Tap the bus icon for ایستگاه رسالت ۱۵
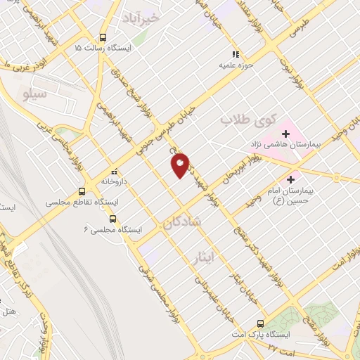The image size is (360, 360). (104, 38)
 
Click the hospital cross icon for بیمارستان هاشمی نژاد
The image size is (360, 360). (286, 133)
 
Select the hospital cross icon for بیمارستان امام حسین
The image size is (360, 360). (290, 179)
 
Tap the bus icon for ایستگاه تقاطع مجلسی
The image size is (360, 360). (82, 191)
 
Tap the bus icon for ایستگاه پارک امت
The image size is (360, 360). (260, 324)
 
